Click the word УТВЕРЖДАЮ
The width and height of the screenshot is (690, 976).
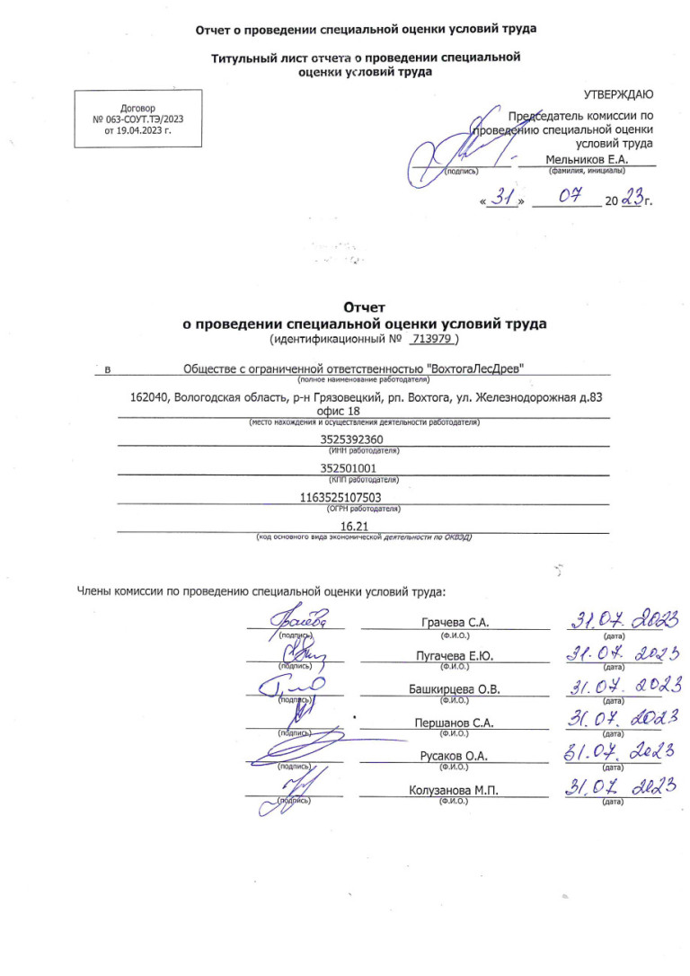point(619,94)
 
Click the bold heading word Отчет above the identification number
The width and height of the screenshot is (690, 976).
point(365,307)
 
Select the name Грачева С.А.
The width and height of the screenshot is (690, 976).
point(455,624)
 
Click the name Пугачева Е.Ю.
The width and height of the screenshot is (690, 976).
point(455,656)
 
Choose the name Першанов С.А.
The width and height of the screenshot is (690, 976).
point(455,723)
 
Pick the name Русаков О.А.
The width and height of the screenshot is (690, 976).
point(454,757)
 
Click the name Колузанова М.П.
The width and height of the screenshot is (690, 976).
point(453,790)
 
